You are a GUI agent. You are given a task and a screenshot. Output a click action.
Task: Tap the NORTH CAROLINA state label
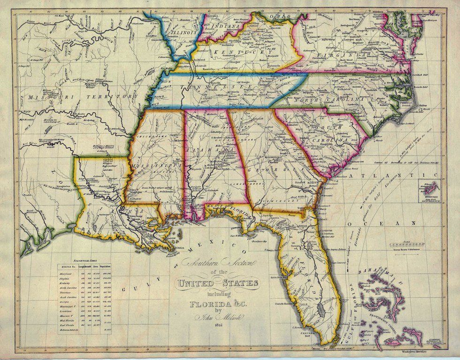pyautogui.click(x=329, y=100)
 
